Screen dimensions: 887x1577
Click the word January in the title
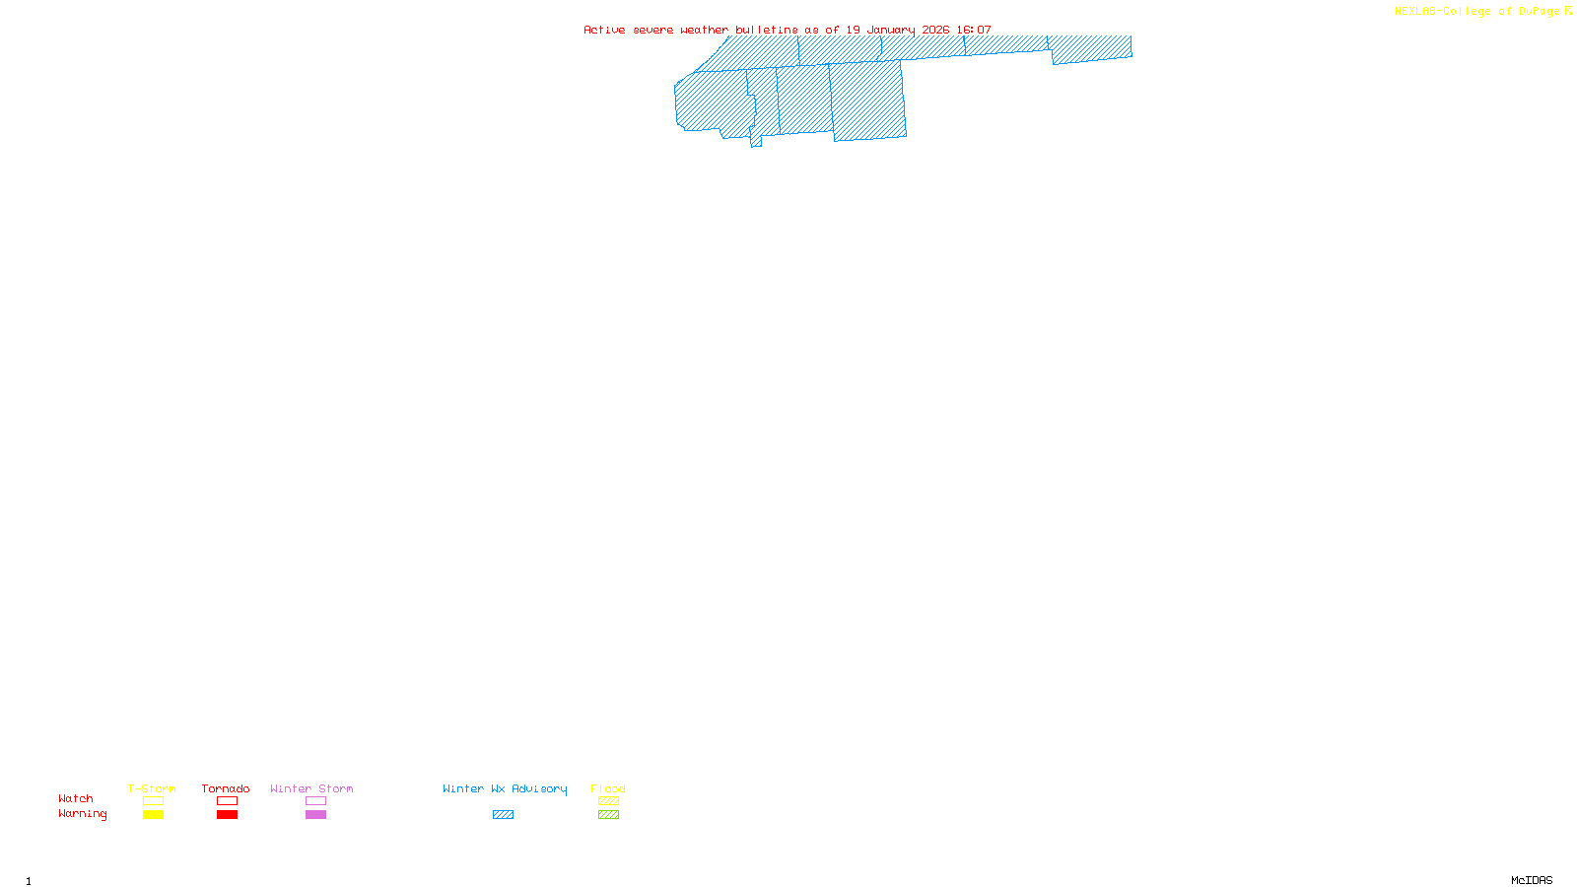coord(892,31)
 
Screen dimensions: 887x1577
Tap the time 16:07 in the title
coord(974,31)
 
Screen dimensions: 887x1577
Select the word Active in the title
coord(604,31)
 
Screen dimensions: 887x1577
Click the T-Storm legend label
coord(152,788)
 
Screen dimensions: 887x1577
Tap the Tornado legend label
coord(226,788)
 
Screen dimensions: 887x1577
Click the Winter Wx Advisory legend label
coord(505,788)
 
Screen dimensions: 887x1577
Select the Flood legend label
coord(608,788)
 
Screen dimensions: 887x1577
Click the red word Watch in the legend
coord(76,798)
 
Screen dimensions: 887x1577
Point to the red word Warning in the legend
coord(83,814)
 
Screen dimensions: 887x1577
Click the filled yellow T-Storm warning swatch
coord(153,815)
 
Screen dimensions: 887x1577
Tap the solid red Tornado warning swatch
coord(228,815)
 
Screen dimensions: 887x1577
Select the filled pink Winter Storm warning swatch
coord(315,815)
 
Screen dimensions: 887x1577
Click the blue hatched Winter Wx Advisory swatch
coord(503,815)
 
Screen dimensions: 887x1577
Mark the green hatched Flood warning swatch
coord(608,815)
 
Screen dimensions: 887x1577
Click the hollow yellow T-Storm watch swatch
coord(153,801)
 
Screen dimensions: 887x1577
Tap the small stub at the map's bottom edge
coord(756,142)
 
